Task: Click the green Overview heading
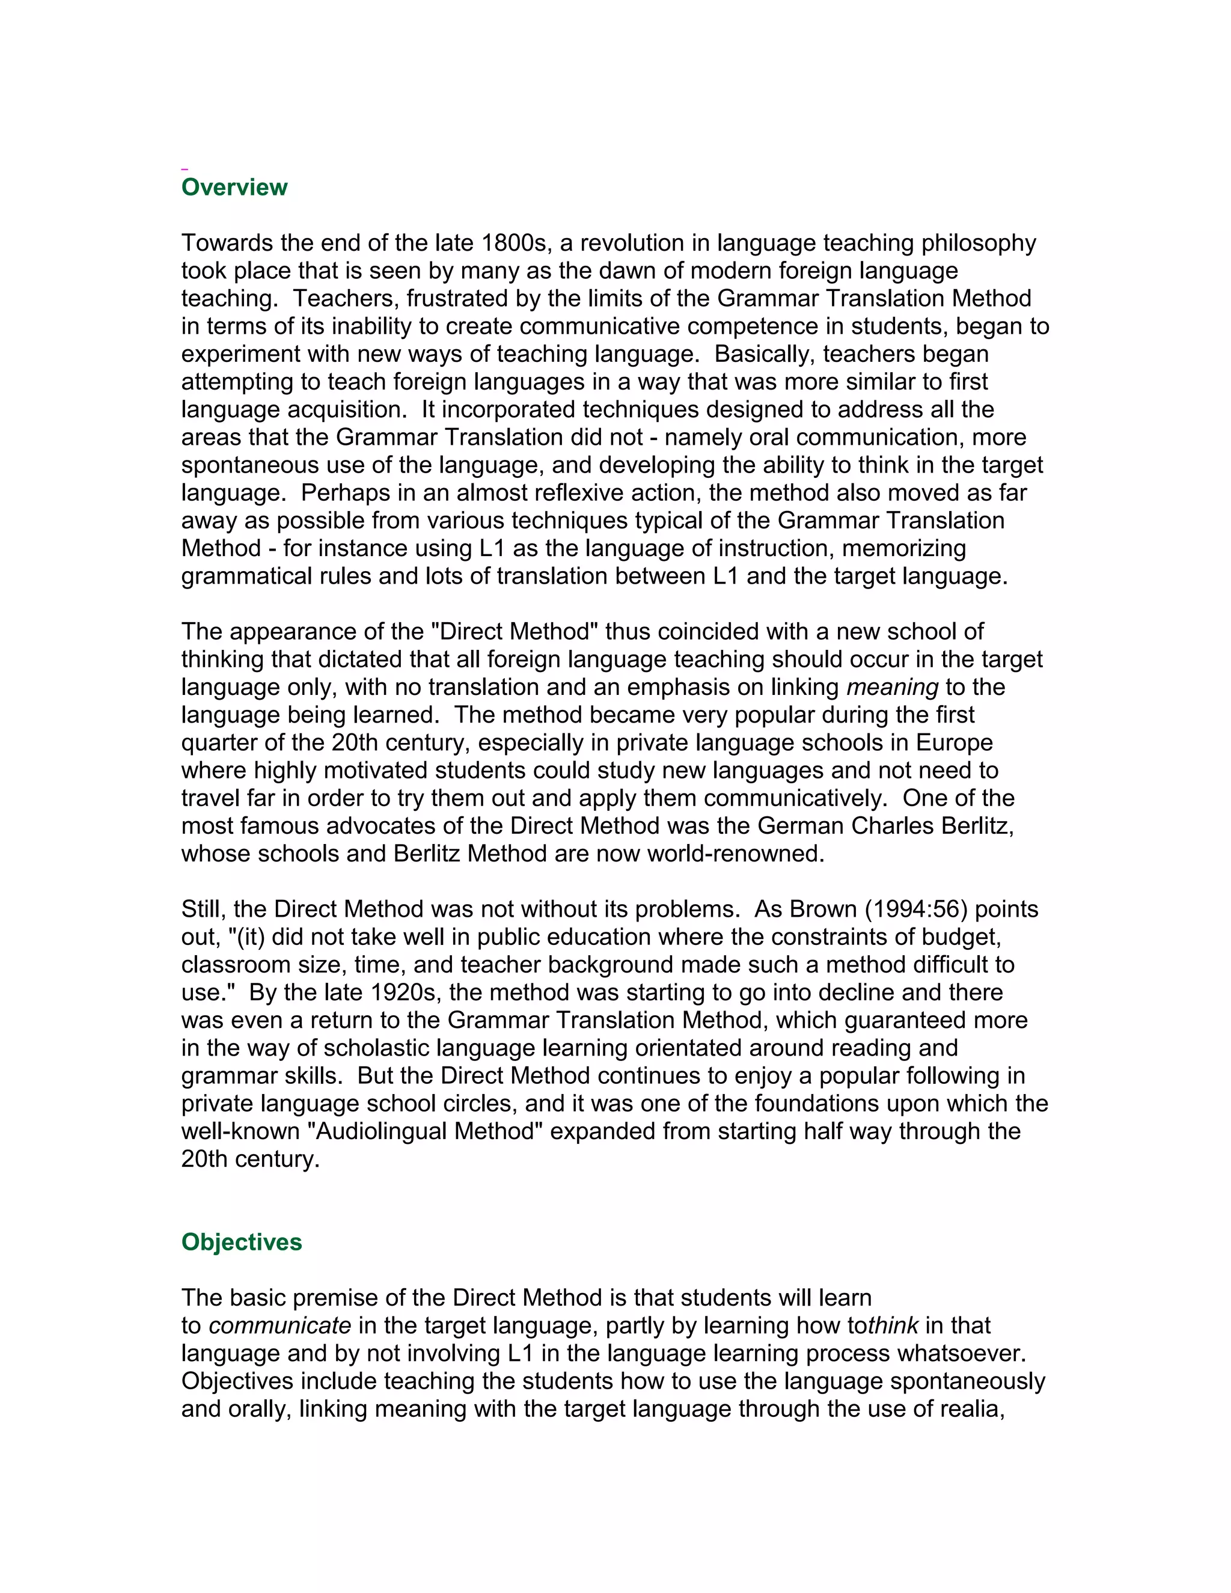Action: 234,188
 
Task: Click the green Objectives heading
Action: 242,1241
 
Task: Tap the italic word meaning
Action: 892,687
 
